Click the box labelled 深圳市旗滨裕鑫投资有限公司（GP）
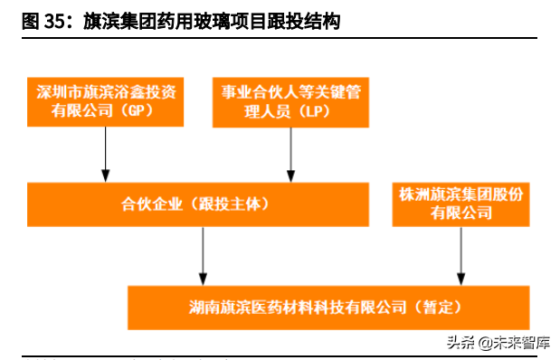[105, 101]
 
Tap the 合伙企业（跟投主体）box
[197, 204]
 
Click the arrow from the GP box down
[106, 153]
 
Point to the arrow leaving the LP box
[290, 153]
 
